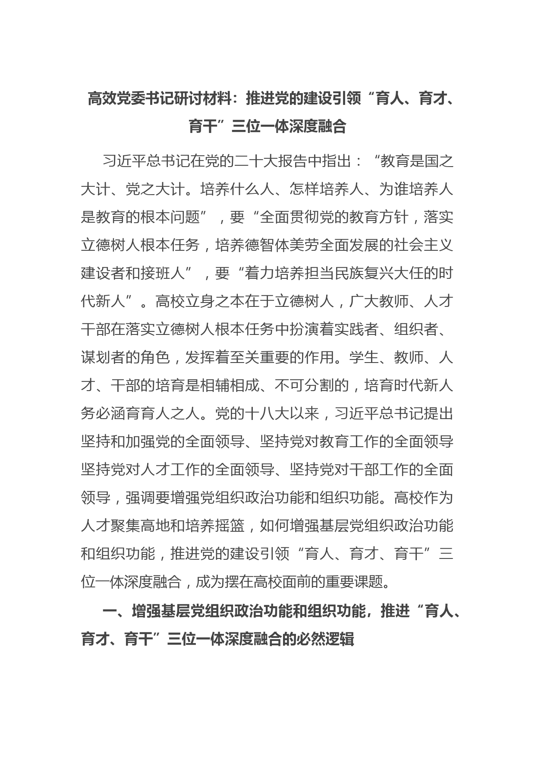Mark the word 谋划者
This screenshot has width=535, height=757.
[x=103, y=358]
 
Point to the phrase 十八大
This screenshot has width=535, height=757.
[x=267, y=414]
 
